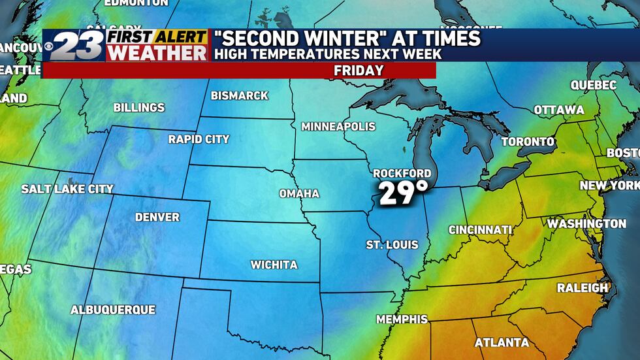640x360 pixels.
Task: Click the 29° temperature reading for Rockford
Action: coord(403,193)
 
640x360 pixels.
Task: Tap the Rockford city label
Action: coord(402,173)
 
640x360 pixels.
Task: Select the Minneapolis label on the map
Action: coord(338,126)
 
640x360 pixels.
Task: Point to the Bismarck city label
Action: coord(239,95)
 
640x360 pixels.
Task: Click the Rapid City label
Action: coord(199,139)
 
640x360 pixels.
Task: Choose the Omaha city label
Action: coord(299,193)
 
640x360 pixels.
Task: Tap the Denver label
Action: coord(157,217)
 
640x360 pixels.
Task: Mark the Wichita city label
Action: coord(274,265)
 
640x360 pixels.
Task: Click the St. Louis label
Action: coord(392,245)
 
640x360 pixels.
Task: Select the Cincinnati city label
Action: coord(479,230)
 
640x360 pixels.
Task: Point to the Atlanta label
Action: coord(502,342)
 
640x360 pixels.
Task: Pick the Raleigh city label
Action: coord(582,287)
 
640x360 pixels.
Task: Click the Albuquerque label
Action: coord(112,310)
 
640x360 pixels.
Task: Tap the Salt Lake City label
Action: coord(67,189)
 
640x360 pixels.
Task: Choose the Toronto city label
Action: coord(528,142)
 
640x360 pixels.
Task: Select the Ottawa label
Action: coord(558,110)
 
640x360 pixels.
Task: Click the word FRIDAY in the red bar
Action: coord(359,71)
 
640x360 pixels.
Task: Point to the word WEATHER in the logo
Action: coord(157,53)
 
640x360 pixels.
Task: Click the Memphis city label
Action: coord(402,319)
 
